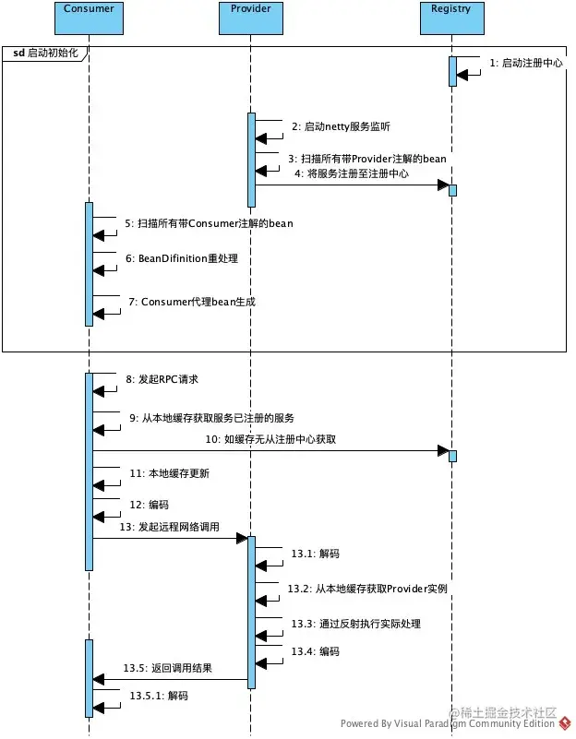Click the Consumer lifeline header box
pos(90,9)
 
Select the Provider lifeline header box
pos(250,9)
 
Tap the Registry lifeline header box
pos(450,9)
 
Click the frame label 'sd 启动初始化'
pos(47,54)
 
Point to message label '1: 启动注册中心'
pos(526,64)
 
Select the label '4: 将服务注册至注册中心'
pos(351,173)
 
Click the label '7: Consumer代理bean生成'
pos(192,302)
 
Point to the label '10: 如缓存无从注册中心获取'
pos(270,440)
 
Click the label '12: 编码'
pos(150,505)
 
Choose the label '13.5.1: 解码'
pos(158,696)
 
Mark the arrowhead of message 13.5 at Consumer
pos(98,680)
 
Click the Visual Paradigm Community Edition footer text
pos(448,724)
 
